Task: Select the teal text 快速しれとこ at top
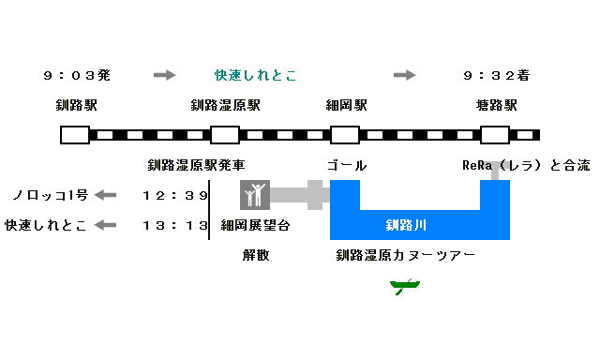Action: tap(255, 75)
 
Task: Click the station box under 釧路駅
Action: tap(75, 134)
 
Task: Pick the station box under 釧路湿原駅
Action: tap(225, 134)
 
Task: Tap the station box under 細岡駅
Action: tap(345, 134)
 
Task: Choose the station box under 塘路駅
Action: tap(495, 134)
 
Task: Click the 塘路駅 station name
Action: tap(496, 105)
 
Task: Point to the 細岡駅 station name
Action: tap(346, 105)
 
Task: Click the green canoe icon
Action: tap(404, 285)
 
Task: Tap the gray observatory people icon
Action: tap(255, 195)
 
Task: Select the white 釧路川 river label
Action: tap(406, 225)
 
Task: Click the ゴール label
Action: tap(346, 165)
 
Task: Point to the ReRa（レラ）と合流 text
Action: tap(526, 165)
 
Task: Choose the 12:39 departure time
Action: tap(175, 195)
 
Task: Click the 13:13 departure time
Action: tap(175, 225)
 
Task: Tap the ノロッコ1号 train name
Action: tap(50, 195)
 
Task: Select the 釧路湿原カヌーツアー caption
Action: tap(406, 255)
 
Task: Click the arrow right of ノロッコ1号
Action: tap(106, 195)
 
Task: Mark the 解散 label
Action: tap(256, 255)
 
